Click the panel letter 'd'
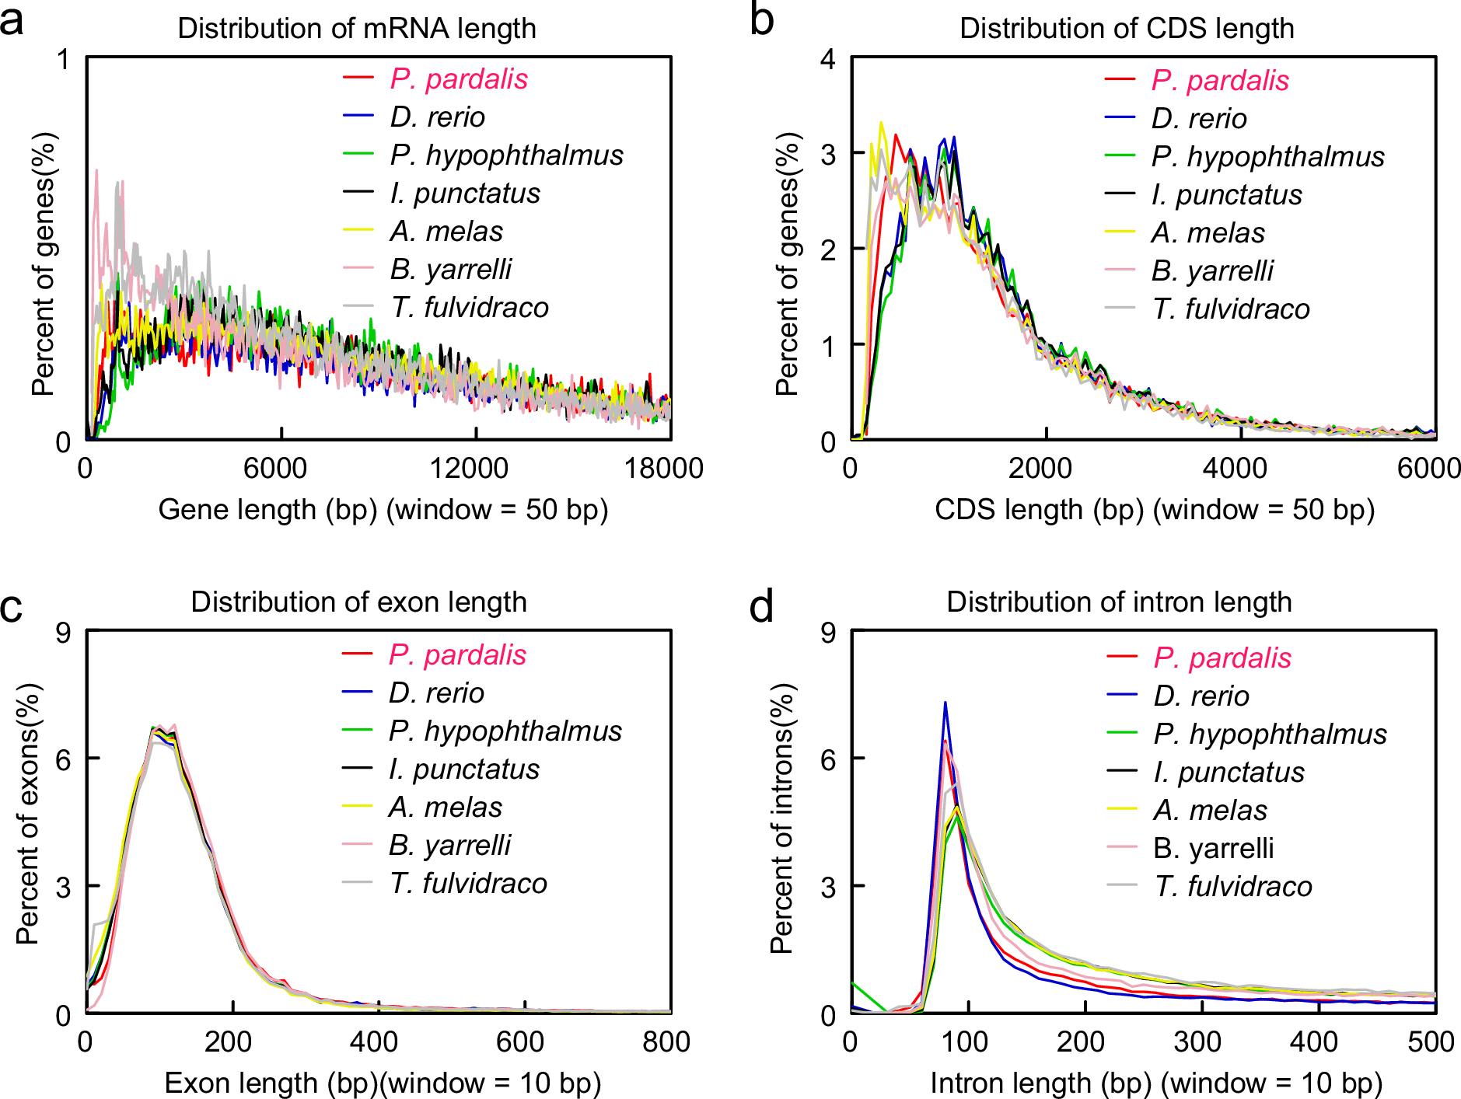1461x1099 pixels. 761,605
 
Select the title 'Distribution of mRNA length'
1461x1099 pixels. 357,29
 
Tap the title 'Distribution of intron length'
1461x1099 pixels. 1119,602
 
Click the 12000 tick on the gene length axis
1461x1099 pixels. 469,468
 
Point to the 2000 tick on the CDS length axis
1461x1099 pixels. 1040,468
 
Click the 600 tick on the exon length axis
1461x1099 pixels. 519,1041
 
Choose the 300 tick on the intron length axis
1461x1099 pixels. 1197,1041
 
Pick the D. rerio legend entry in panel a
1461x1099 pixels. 437,117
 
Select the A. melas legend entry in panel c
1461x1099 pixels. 445,808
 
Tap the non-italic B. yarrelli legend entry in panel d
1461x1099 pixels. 1213,849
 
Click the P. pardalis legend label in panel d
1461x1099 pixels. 1222,658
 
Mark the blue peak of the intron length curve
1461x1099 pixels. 945,703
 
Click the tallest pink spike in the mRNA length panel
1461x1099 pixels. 96,171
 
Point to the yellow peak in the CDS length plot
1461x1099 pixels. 881,123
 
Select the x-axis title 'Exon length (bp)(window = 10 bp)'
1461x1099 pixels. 383,1083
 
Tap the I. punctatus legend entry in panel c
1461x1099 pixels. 463,769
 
